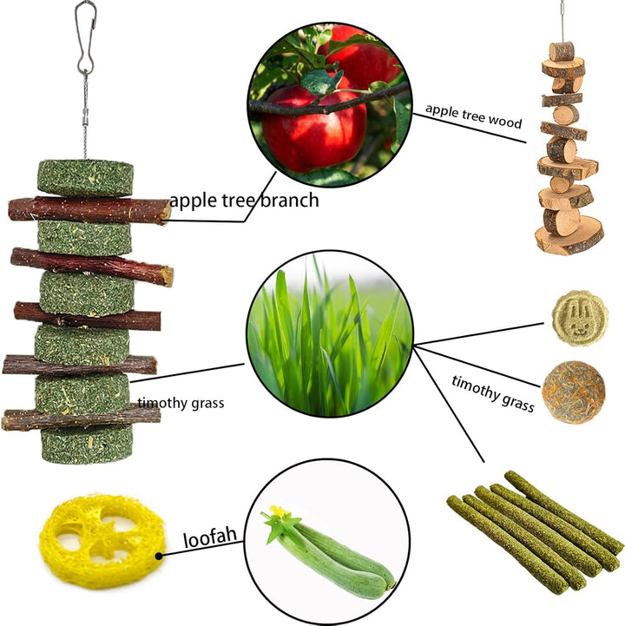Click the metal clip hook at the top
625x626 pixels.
(84, 39)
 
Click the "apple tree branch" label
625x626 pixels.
(244, 201)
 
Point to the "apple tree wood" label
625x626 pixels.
(473, 115)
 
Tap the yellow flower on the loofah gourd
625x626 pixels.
(280, 512)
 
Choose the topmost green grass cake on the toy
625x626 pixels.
(85, 178)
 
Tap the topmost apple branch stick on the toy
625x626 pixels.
(89, 209)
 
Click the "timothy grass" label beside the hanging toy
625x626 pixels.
(181, 403)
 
